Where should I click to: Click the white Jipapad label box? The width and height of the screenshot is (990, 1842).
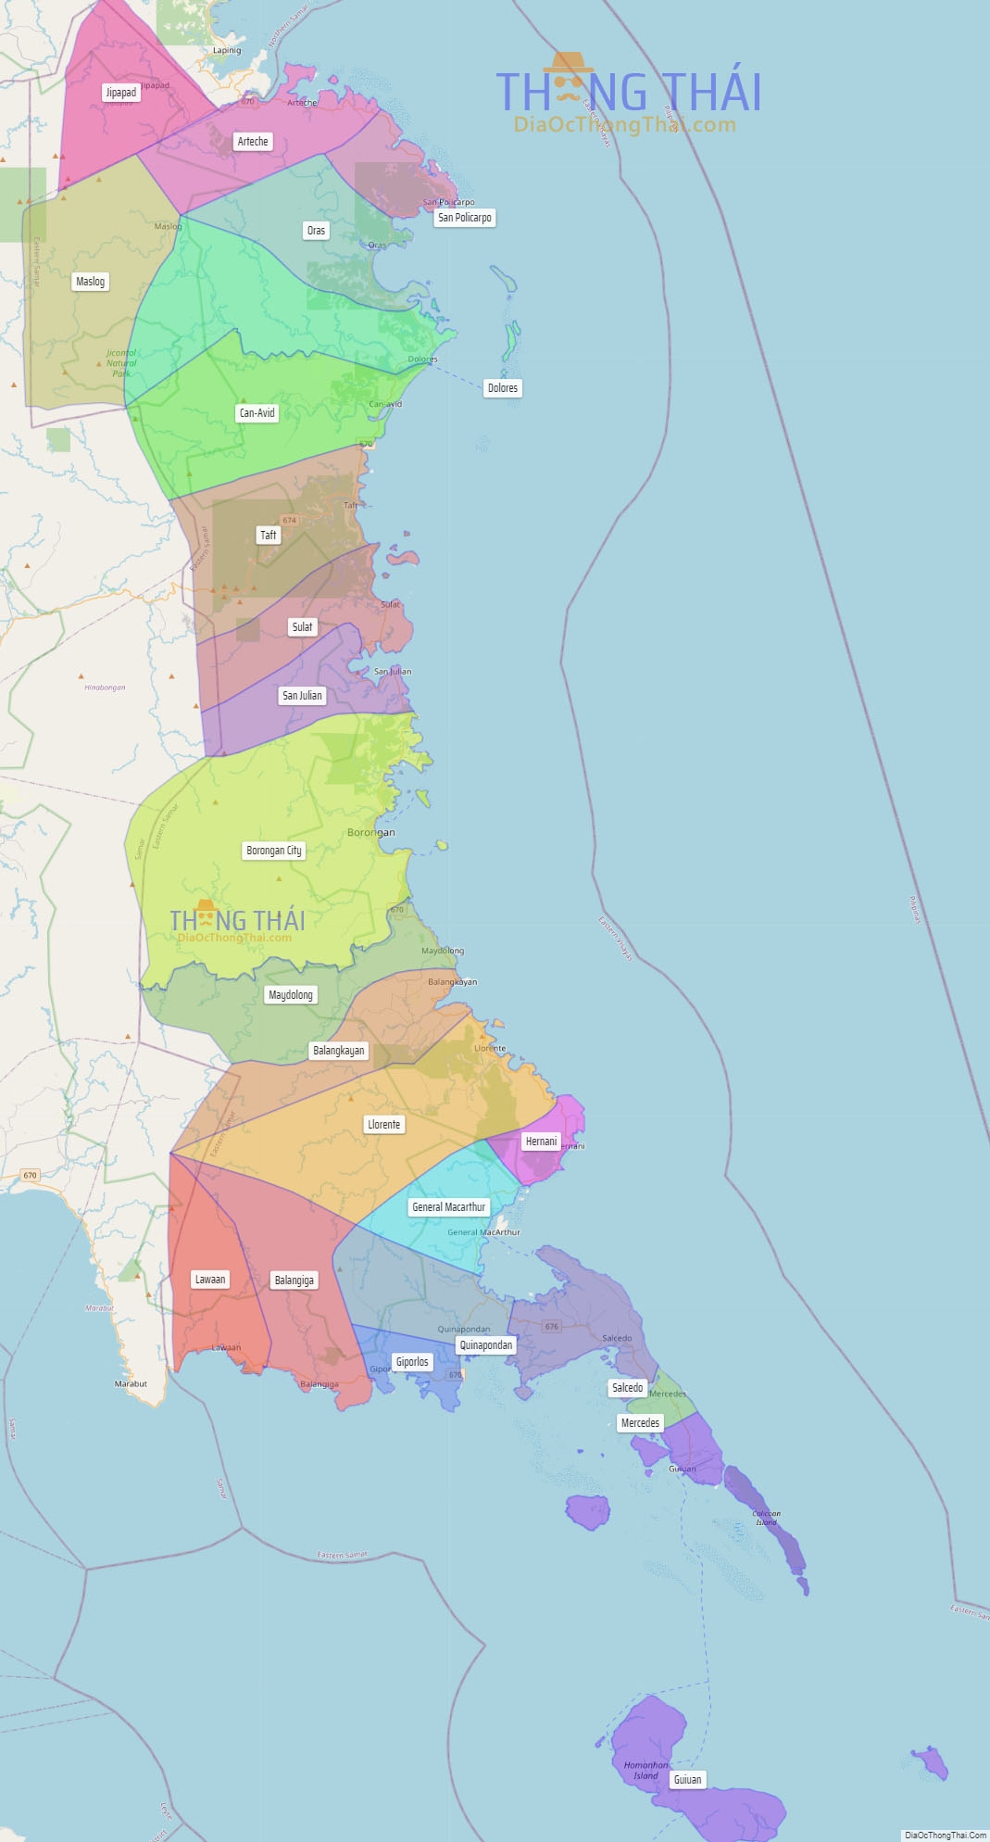[x=121, y=93]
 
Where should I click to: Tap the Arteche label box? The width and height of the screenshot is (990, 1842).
[x=253, y=142]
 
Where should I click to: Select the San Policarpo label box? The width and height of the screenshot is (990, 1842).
[x=465, y=218]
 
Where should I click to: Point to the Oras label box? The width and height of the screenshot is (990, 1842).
[x=316, y=231]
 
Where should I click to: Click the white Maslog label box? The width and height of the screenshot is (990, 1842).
[x=91, y=282]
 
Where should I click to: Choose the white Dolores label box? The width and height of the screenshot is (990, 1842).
[x=503, y=388]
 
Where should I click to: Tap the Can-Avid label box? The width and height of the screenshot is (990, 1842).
[x=257, y=413]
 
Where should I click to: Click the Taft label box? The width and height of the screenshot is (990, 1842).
[x=269, y=536]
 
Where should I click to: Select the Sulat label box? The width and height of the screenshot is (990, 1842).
[x=302, y=627]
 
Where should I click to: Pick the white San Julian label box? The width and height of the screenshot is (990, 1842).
[x=302, y=696]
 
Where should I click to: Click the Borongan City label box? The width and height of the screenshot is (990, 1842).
[x=274, y=851]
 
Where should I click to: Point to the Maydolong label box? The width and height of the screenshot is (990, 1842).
[x=291, y=995]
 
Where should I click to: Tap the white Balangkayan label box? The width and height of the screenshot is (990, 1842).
[x=339, y=1051]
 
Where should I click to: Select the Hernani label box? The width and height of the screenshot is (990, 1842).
[x=542, y=1142]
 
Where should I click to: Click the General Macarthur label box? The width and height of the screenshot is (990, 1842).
[x=449, y=1207]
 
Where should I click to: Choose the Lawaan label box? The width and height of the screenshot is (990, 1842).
[x=210, y=1280]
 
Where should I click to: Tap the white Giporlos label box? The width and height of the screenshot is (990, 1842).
[x=412, y=1362]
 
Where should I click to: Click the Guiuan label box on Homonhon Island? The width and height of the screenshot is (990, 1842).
[x=687, y=1780]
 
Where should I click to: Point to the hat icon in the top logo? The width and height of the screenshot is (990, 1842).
[x=568, y=63]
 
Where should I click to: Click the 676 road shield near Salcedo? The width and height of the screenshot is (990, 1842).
[x=552, y=1327]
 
